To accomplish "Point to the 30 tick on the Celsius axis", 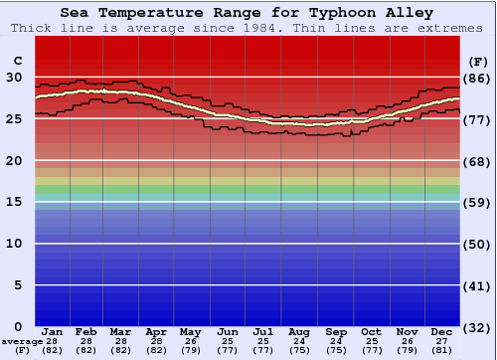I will [x=14, y=77].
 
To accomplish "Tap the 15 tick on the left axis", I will [x=14, y=202].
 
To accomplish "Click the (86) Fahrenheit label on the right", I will [x=477, y=78].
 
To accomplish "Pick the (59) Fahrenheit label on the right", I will [x=477, y=203].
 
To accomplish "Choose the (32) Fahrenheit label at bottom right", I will [x=477, y=328].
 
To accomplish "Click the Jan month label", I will [x=53, y=331].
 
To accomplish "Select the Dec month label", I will [x=442, y=331].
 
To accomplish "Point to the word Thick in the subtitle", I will [x=32, y=27].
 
